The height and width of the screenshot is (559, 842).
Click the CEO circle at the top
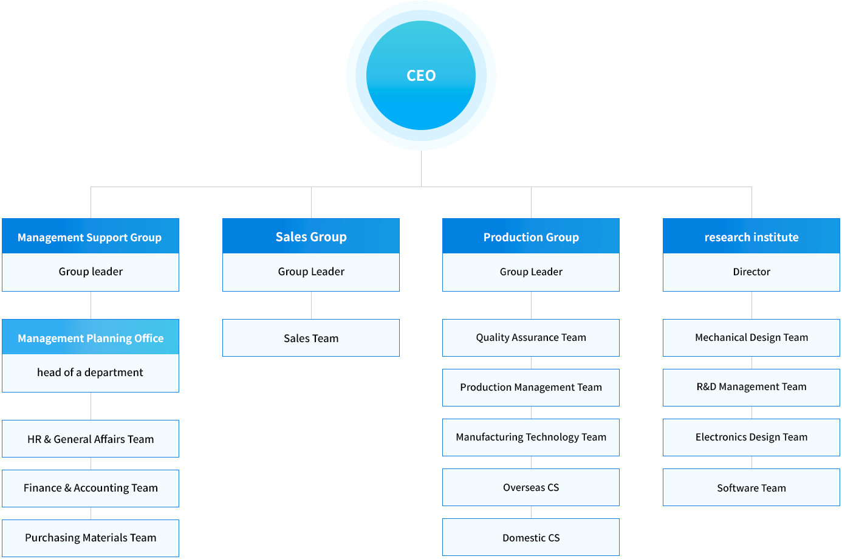pos(421,75)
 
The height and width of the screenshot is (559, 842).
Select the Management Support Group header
pos(90,236)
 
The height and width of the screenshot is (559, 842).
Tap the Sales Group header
pos(311,236)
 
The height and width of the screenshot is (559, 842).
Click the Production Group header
pos(531,236)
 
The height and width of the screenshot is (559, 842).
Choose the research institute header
pos(751,236)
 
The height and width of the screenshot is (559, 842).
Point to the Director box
pos(751,272)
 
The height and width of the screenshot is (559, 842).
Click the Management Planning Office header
pos(90,337)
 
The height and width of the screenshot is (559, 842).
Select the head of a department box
pos(90,373)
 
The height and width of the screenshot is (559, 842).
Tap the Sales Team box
pos(311,338)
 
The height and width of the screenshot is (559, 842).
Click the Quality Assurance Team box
pos(531,338)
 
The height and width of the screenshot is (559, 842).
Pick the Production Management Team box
pos(531,388)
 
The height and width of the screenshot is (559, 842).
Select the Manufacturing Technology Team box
pos(531,437)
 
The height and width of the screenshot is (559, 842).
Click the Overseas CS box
pos(531,487)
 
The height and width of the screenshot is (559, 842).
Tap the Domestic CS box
pos(531,537)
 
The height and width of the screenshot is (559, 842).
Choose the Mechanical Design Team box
pos(751,338)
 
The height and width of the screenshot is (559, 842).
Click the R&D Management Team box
pos(751,388)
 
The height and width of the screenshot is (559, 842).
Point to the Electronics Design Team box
pos(751,437)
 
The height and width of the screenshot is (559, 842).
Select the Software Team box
pos(751,487)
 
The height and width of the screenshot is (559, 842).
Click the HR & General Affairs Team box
pos(90,439)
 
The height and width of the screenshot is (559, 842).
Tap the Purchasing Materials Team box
pos(90,538)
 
